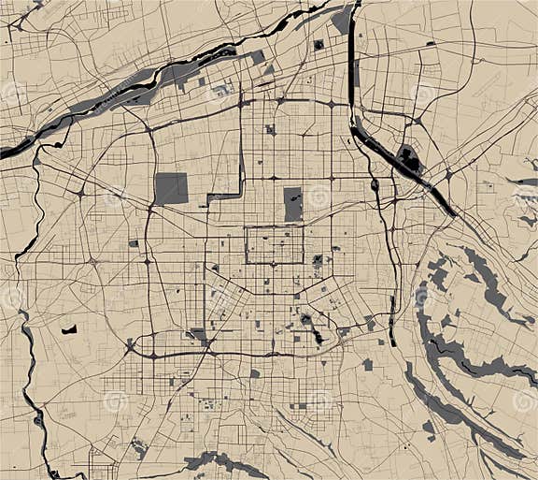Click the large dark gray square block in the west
pyautogui.click(x=171, y=188)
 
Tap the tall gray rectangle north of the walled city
pyautogui.click(x=293, y=204)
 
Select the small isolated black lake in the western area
pyautogui.click(x=68, y=329)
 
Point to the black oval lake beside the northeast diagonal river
pyautogui.click(x=409, y=158)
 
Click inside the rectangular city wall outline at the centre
pyautogui.click(x=274, y=244)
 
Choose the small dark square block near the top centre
pyautogui.click(x=319, y=44)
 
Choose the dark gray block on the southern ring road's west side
pyautogui.click(x=198, y=334)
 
